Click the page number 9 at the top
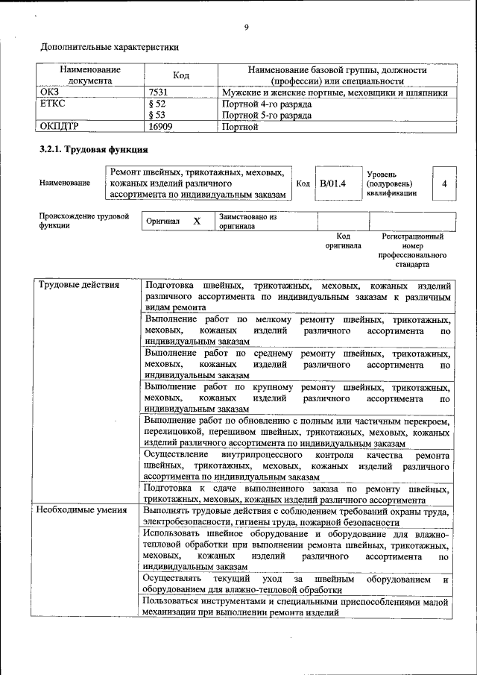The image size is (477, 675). coord(245,28)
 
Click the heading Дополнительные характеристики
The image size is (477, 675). coord(110,46)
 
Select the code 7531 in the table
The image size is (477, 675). coord(158,93)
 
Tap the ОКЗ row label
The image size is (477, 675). coord(48,93)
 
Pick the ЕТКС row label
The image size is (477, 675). coord(52,104)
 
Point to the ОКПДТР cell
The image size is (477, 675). coord(58,127)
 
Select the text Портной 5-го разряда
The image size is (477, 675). coord(266,116)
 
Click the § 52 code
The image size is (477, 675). coord(157,104)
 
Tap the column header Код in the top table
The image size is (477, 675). coord(180,75)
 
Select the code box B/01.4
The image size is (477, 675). coord(333,183)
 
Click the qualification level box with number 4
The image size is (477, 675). coord(444,183)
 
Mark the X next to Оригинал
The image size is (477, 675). coord(197,222)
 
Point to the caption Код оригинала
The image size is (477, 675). coord(343,240)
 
